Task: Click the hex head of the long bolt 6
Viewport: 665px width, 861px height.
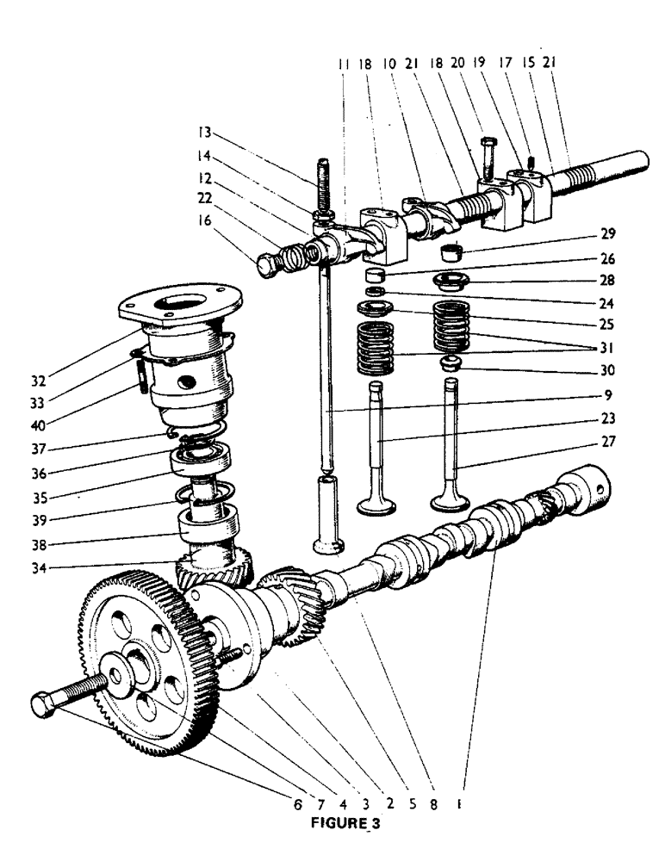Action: tap(43, 703)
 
